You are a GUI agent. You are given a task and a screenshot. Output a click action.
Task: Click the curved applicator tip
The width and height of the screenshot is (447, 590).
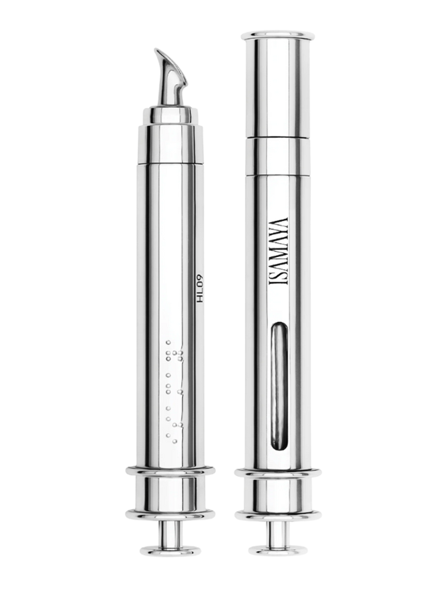(170, 79)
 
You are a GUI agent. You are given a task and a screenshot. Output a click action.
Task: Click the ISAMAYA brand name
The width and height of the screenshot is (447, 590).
(279, 251)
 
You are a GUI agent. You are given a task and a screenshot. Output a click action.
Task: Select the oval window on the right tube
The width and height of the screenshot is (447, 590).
(279, 385)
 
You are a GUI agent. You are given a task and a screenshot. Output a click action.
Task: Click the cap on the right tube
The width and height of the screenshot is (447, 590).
(277, 85)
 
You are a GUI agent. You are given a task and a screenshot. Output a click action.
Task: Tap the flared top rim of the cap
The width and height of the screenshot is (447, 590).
(277, 35)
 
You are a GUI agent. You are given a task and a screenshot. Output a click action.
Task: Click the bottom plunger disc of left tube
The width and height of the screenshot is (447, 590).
(170, 550)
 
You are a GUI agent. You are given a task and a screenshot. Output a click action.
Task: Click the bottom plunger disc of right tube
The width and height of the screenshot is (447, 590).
(277, 550)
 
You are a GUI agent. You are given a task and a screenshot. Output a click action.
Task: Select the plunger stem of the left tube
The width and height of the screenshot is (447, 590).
(170, 533)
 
